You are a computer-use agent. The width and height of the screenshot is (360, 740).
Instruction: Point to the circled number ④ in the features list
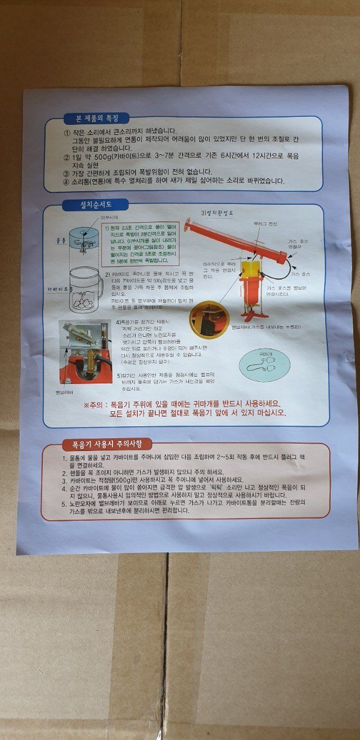pyautogui.click(x=66, y=182)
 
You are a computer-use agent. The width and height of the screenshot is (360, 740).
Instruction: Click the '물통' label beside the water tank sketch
pyautogui.click(x=62, y=241)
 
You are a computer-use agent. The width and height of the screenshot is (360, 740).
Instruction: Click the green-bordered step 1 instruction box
pyautogui.click(x=141, y=244)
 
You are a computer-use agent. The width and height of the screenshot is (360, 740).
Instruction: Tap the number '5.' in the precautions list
pyautogui.click(x=65, y=503)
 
